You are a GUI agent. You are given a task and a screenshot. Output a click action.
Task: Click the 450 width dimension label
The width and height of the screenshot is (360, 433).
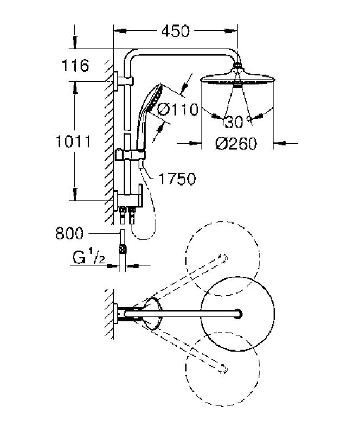coord(176,31)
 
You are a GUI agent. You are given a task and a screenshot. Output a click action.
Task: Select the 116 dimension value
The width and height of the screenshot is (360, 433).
coord(75,66)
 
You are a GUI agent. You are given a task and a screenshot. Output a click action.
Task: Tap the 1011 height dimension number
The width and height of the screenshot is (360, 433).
coord(73,142)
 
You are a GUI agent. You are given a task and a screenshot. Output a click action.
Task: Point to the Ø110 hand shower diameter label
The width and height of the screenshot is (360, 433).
coord(178,110)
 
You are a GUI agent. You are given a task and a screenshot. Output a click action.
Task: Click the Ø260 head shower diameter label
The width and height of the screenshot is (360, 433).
coord(236,144)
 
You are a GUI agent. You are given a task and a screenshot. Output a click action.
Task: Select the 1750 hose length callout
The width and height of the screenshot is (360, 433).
coord(177,179)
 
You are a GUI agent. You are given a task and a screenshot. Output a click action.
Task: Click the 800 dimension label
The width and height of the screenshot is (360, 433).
coord(69,233)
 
